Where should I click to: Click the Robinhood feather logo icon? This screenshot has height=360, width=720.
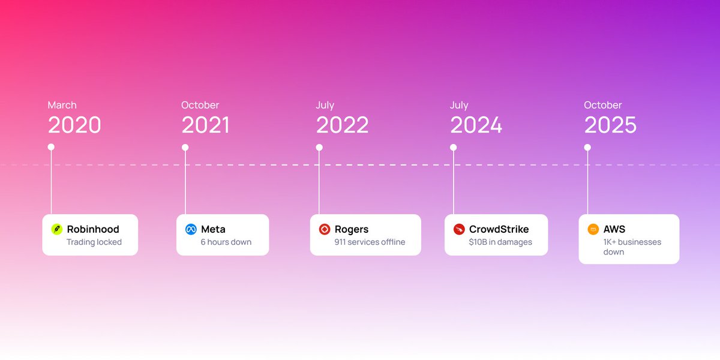point(56,229)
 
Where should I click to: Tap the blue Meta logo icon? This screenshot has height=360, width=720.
point(191,229)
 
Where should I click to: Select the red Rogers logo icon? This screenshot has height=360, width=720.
point(325,229)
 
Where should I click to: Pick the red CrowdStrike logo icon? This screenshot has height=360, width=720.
point(459,229)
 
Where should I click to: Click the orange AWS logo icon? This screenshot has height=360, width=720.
point(593,229)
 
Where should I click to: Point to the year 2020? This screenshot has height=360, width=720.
point(74,125)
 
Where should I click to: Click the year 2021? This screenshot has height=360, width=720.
point(206,125)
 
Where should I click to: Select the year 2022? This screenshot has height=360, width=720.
point(342,125)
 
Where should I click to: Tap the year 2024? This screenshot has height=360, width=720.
point(476,125)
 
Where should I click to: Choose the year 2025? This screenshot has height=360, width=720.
point(610,125)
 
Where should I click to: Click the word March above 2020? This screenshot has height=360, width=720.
point(62,105)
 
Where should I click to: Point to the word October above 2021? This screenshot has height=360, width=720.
point(200,105)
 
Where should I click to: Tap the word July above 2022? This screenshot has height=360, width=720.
point(325,105)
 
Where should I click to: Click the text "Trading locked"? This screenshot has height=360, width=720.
point(94,242)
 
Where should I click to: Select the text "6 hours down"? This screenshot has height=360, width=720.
point(226,242)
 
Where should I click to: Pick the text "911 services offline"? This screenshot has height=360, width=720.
point(370,242)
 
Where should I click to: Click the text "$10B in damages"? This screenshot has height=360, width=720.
point(500,242)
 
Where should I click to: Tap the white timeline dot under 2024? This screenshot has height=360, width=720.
point(453,147)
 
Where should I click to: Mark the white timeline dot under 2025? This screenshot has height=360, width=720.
point(587,147)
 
